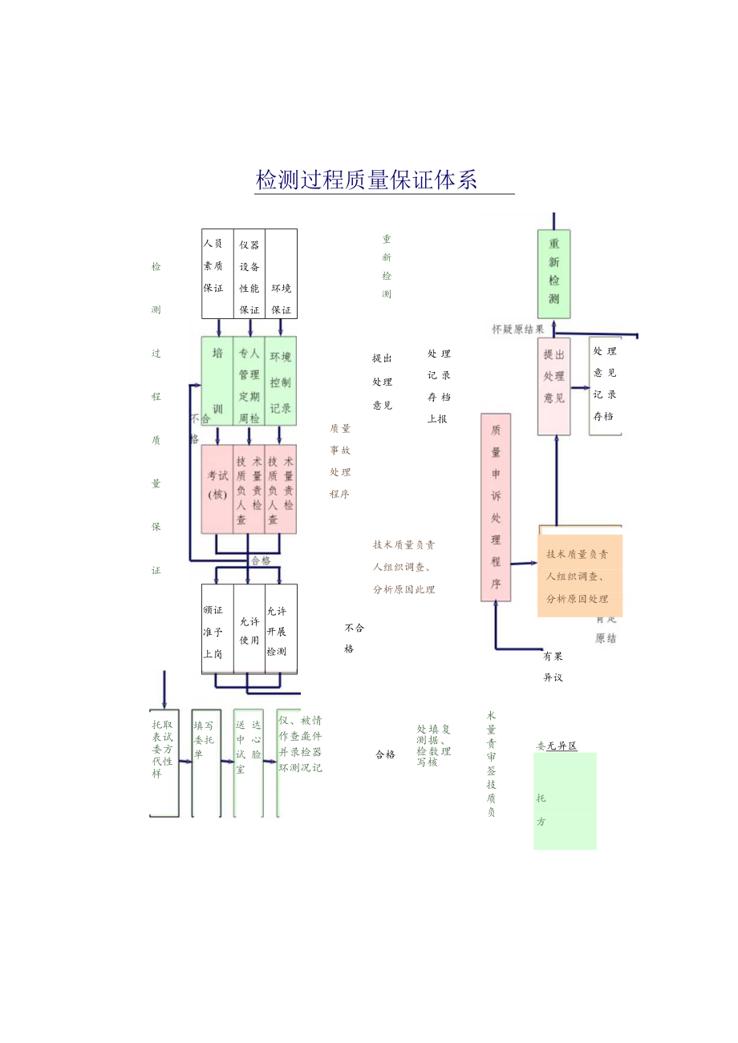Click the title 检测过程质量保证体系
367,180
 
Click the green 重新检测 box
553,273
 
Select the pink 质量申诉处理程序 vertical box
496,507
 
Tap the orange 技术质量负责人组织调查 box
579,575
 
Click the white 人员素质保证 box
217,273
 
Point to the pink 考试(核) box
217,489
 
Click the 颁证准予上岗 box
217,629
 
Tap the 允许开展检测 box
280,629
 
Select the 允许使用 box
249,629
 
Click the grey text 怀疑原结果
518,329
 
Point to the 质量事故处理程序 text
340,461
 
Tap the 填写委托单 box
206,762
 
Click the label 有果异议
553,666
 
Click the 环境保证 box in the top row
281,273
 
